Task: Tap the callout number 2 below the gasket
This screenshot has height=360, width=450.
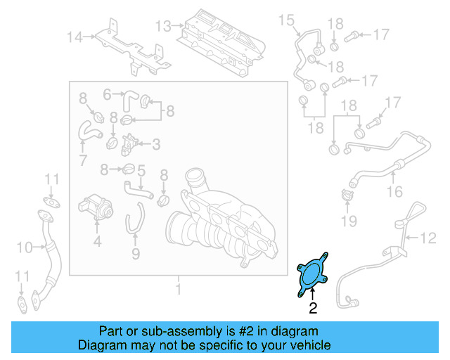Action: (313, 307)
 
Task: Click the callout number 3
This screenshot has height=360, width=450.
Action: (155, 145)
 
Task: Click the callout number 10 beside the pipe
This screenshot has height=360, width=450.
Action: (25, 247)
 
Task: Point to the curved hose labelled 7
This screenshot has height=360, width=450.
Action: (89, 130)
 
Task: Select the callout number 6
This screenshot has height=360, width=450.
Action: (108, 94)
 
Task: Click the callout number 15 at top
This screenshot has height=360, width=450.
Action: (285, 20)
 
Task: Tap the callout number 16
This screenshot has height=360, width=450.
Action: (394, 191)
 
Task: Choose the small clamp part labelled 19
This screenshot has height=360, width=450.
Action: (346, 196)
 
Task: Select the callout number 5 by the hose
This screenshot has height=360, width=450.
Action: (141, 169)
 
